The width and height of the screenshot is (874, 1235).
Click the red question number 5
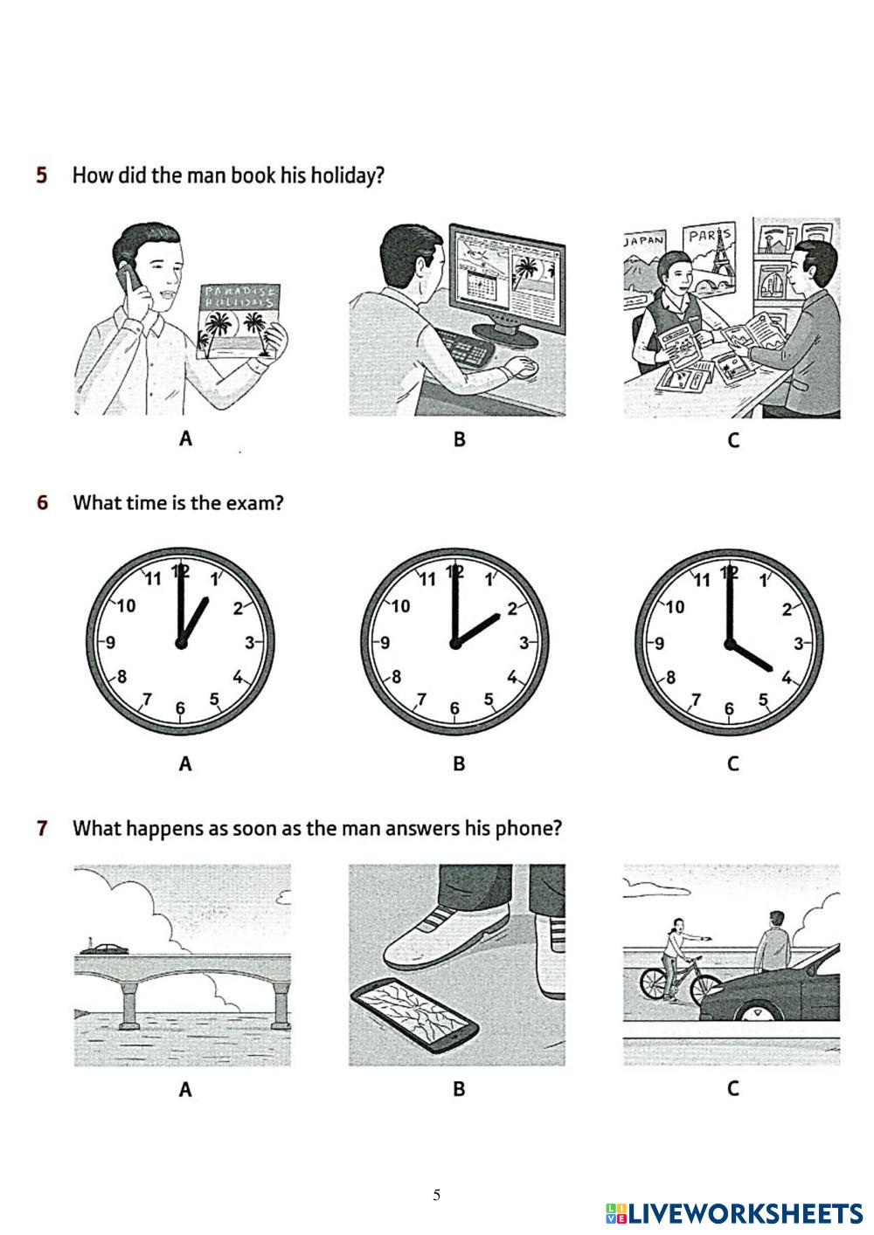pyautogui.click(x=42, y=175)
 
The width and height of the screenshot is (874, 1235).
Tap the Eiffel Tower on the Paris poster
pyautogui.click(x=718, y=252)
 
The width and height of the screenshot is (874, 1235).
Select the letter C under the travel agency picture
pyautogui.click(x=732, y=440)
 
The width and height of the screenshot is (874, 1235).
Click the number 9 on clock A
pyautogui.click(x=110, y=642)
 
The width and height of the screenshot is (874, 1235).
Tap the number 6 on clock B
pyautogui.click(x=454, y=708)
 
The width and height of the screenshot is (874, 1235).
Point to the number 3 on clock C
pyautogui.click(x=798, y=644)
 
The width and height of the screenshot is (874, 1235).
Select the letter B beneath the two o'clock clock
pyautogui.click(x=459, y=763)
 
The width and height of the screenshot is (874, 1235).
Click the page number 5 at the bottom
pyautogui.click(x=436, y=1195)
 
